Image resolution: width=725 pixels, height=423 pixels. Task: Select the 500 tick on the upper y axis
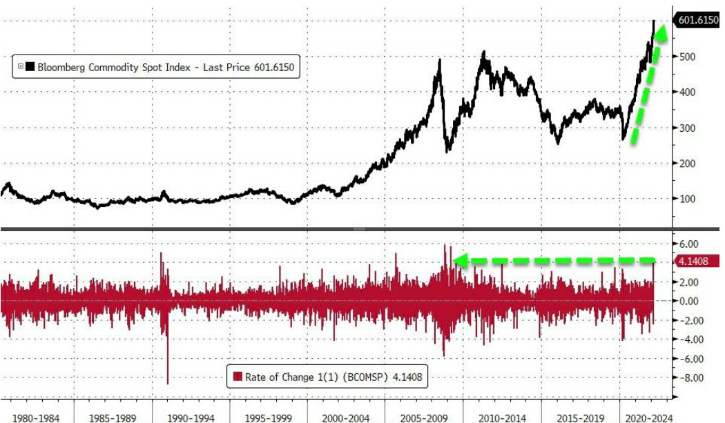point(686,57)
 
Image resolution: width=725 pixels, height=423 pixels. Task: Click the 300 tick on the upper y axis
point(686,128)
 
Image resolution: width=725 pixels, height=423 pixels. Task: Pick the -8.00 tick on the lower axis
point(689,378)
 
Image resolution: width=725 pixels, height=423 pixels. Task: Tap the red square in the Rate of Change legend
point(238,377)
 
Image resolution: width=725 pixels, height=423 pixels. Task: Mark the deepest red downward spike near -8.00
point(167,382)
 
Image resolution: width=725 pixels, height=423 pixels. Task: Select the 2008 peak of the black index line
point(440,61)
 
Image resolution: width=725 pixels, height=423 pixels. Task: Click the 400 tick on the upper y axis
point(686,92)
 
